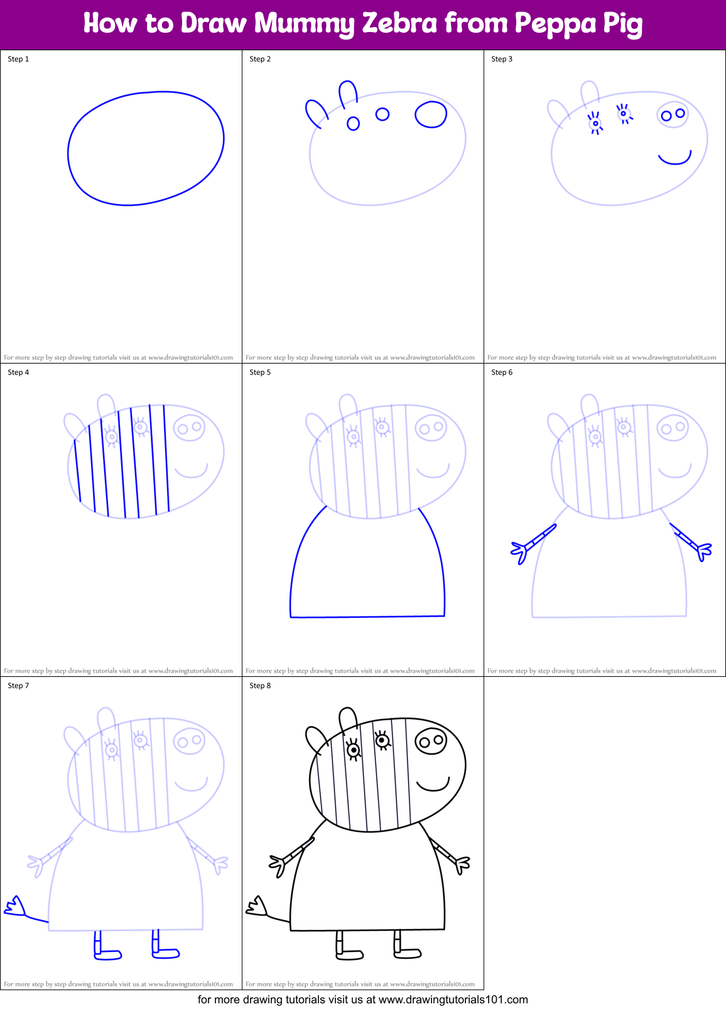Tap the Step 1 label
tap(18, 59)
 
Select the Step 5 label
tap(260, 372)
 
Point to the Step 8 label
tap(260, 686)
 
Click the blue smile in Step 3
tap(675, 159)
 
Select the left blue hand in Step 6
tap(521, 551)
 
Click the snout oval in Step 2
tap(431, 114)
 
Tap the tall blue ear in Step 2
tap(348, 93)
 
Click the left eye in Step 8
tap(354, 750)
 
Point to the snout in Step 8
tap(431, 742)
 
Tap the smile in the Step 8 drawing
tap(433, 785)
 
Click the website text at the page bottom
tap(363, 1000)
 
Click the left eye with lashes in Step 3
tap(595, 123)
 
